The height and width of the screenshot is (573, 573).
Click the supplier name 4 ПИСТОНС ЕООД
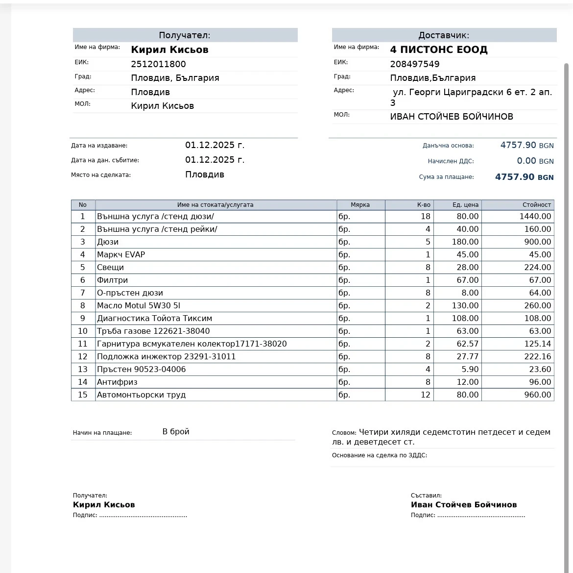(438, 50)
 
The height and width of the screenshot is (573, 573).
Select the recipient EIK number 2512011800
(158, 64)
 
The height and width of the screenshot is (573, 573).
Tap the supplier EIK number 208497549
(415, 64)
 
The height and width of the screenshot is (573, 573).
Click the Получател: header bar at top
(185, 35)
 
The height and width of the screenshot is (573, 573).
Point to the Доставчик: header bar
(444, 35)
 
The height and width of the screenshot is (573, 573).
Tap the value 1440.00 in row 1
(535, 216)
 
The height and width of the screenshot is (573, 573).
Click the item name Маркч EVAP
(121, 254)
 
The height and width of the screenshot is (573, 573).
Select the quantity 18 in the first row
(425, 216)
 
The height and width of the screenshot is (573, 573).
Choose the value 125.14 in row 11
(538, 344)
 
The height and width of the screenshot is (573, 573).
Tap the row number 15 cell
(83, 395)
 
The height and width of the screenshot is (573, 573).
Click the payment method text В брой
(176, 432)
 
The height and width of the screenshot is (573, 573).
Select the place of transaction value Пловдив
(205, 174)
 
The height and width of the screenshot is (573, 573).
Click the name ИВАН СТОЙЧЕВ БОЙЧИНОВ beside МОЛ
(452, 117)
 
